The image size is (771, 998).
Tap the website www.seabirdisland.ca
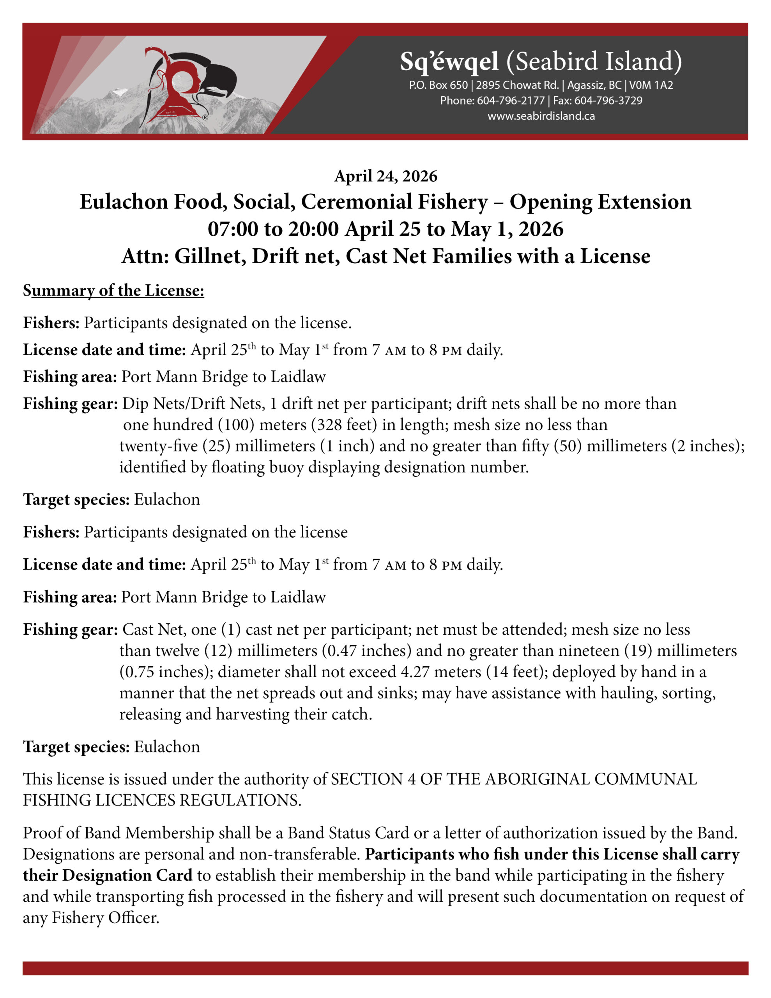point(541,116)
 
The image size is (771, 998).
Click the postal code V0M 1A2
point(651,85)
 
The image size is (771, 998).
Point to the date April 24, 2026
point(386,176)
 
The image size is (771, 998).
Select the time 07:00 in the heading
point(233,229)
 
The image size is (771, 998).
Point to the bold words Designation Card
point(127,876)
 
